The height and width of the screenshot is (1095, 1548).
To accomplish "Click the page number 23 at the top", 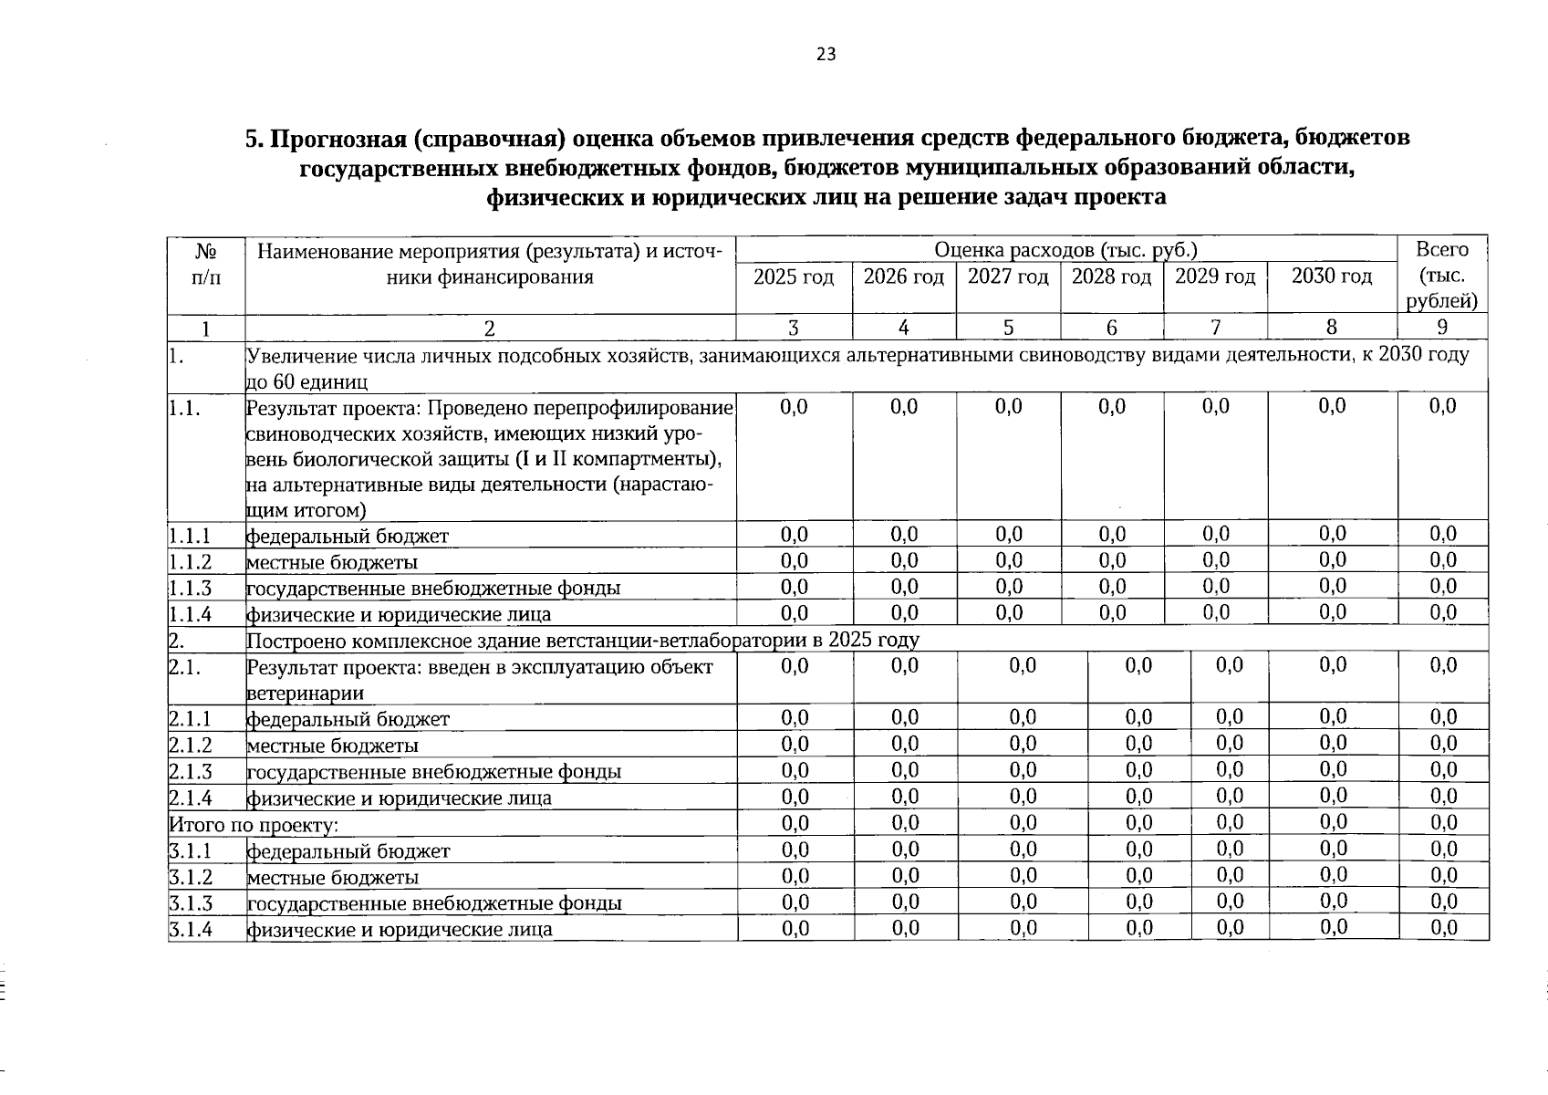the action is pos(826,55).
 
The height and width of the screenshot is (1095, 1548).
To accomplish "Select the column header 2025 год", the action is pos(794,276).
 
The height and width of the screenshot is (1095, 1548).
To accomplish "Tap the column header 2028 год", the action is pos(1111,276).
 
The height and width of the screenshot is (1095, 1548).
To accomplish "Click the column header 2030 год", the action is pos(1332,276).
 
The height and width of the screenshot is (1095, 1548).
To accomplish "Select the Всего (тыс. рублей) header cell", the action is pos(1441,275).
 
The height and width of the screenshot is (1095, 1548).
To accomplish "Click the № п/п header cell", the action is pos(206,263).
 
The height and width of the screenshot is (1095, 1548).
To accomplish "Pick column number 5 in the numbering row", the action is pos(1008,328).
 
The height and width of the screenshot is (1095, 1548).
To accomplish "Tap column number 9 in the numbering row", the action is pos(1441,328).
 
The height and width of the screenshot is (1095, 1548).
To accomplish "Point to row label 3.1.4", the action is pos(191,930).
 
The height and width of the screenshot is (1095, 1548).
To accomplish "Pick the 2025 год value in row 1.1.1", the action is pos(794,535).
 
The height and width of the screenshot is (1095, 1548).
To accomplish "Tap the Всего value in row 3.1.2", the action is pos(1443,876).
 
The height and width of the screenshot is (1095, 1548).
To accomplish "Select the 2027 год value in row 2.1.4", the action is pos(1023,797).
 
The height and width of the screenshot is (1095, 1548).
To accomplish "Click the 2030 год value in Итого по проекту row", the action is pos(1333,823).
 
